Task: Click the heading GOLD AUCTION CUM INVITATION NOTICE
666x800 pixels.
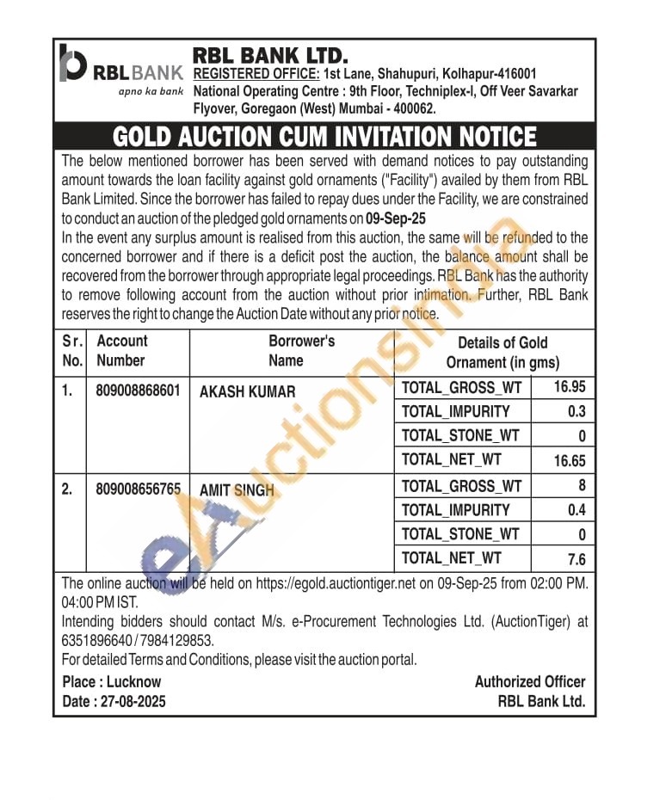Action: tap(324, 137)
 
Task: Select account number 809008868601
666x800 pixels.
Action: tap(138, 391)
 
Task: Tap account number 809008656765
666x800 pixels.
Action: tap(138, 489)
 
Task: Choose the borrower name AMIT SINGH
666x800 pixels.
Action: tap(237, 489)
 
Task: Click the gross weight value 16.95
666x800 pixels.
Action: tap(570, 388)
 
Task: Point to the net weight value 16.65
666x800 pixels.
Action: tap(570, 461)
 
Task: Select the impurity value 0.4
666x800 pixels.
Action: tap(577, 510)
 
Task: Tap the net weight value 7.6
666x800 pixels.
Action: tap(577, 559)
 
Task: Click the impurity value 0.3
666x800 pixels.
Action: tap(577, 412)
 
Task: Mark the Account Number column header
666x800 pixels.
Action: tap(121, 351)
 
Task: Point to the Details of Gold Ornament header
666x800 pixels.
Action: tap(503, 352)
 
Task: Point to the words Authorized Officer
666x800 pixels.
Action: tap(529, 681)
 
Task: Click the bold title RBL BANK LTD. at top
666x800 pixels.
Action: tap(270, 56)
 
